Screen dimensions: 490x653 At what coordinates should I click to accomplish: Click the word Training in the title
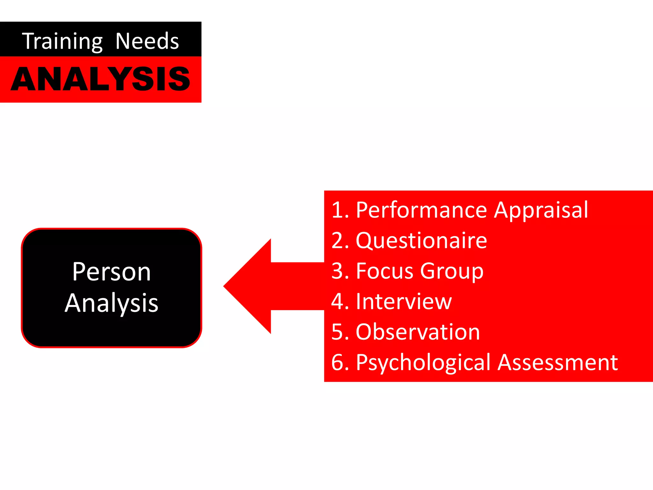pyautogui.click(x=62, y=41)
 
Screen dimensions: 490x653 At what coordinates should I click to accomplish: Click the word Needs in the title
pyautogui.click(x=147, y=41)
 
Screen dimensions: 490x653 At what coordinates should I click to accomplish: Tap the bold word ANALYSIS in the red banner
pyautogui.click(x=100, y=79)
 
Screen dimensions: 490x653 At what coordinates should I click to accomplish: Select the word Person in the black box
pyautogui.click(x=111, y=272)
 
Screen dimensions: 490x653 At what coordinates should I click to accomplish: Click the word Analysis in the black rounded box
pyautogui.click(x=111, y=303)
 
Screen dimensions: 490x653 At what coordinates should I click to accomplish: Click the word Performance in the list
pyautogui.click(x=421, y=210)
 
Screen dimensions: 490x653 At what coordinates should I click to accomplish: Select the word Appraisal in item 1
pyautogui.click(x=541, y=211)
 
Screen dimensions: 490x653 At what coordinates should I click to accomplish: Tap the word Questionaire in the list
pyautogui.click(x=421, y=241)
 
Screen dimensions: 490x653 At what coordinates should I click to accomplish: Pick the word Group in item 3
pyautogui.click(x=452, y=271)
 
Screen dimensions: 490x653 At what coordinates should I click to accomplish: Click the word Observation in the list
pyautogui.click(x=418, y=332)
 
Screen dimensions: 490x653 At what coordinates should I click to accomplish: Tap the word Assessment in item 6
pyautogui.click(x=558, y=362)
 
